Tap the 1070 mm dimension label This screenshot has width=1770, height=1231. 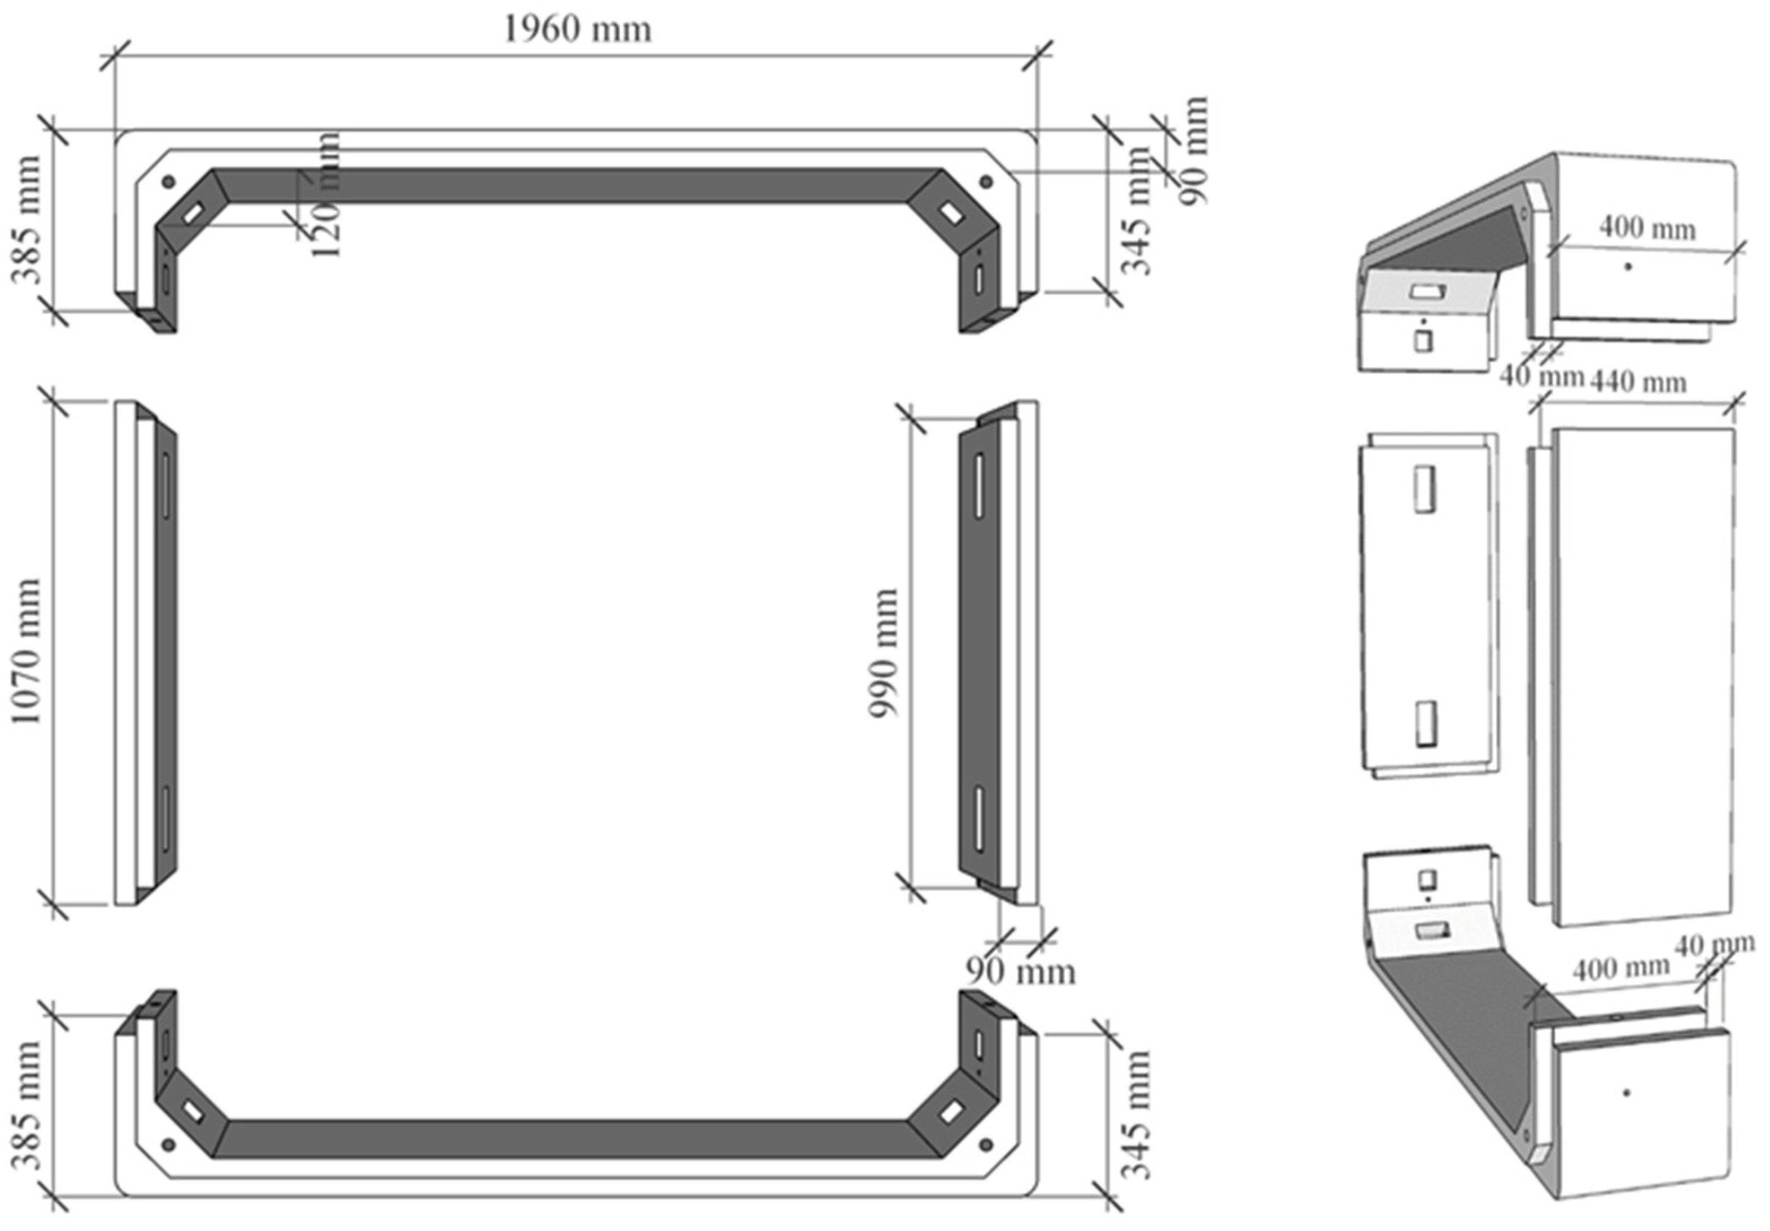[26, 652]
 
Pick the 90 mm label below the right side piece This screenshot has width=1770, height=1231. [1020, 971]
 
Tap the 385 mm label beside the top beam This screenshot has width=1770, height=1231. [26, 220]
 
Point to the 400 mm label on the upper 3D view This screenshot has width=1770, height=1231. [1647, 228]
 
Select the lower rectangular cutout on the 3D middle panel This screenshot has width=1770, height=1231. [1426, 723]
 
